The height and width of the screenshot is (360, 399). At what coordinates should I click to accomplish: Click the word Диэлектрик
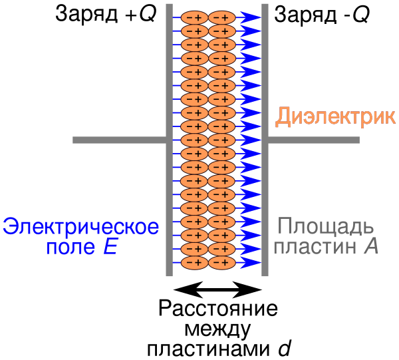(x=335, y=117)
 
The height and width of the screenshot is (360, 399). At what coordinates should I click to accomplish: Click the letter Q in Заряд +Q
(x=147, y=15)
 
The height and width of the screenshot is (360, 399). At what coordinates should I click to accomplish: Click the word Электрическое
(x=81, y=227)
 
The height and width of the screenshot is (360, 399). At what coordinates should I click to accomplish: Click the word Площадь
(x=321, y=227)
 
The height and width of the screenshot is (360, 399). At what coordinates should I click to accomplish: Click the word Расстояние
(x=218, y=311)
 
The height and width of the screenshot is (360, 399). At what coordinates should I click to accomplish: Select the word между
(x=218, y=329)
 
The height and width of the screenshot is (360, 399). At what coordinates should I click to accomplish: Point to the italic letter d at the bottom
(x=284, y=348)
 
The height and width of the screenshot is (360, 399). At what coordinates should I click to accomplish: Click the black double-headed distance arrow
(x=218, y=289)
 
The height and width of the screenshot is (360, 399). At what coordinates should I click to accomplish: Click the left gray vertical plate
(x=169, y=200)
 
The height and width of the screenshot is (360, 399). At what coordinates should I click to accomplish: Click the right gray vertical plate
(x=265, y=200)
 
